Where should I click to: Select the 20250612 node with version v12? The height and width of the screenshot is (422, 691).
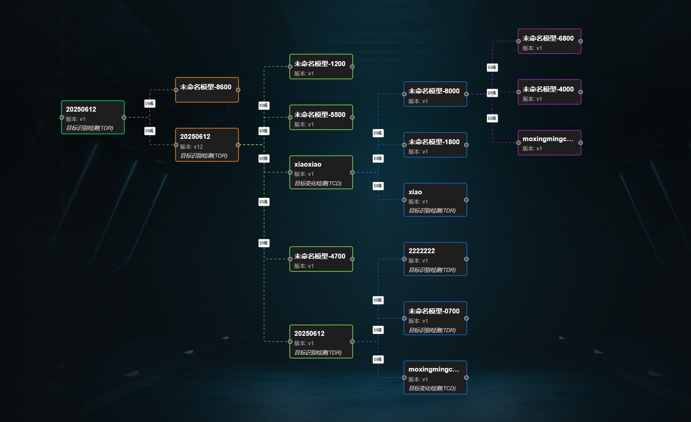(x=207, y=145)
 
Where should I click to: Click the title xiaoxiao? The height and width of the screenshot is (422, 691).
(x=308, y=164)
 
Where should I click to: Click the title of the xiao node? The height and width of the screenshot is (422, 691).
(x=415, y=192)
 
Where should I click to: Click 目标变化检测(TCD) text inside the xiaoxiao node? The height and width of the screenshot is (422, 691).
(x=318, y=184)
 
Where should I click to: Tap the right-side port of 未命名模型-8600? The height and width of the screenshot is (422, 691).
(x=238, y=90)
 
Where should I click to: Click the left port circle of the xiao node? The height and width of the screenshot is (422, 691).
(x=404, y=200)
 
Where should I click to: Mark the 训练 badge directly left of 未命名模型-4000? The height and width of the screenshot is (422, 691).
(x=492, y=93)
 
